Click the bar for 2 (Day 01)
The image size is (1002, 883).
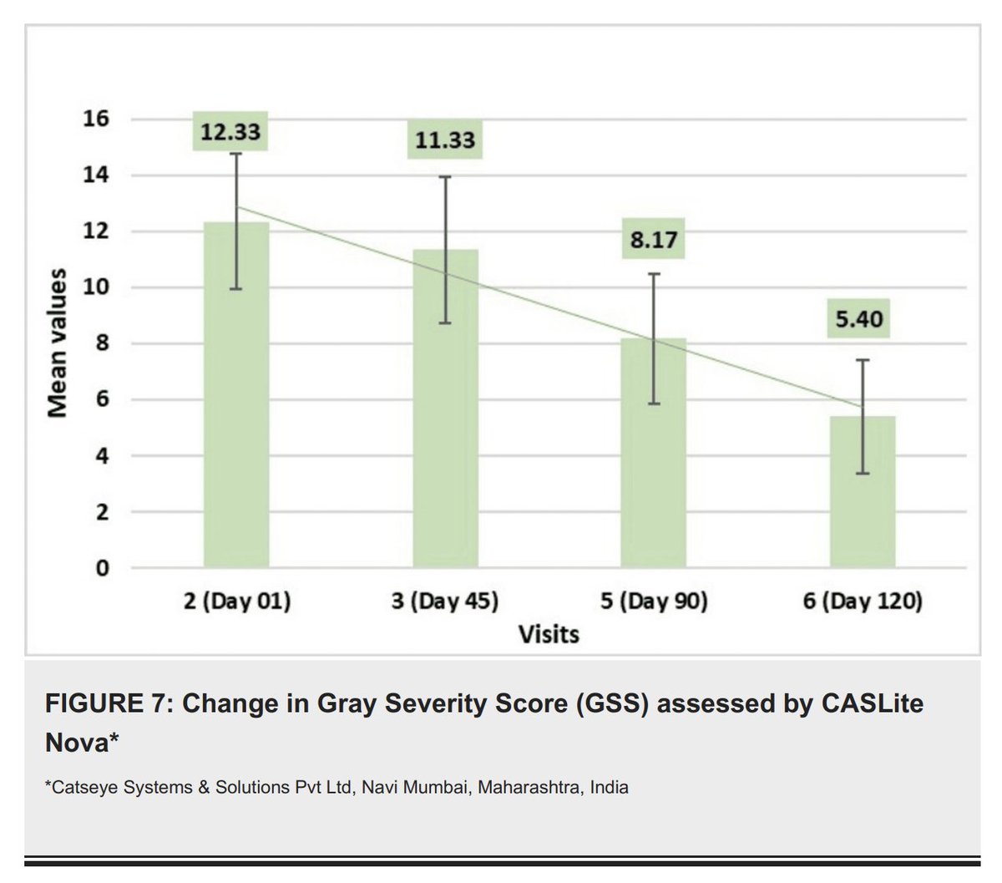tap(236, 401)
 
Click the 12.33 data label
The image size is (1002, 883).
tap(230, 131)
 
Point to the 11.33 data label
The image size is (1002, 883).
tap(445, 140)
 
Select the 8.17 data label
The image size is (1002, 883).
tap(653, 241)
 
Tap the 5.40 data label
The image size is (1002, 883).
tap(859, 319)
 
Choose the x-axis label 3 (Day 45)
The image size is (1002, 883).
tap(445, 601)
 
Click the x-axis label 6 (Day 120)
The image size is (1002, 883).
tap(863, 601)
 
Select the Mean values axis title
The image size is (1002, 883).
tap(57, 343)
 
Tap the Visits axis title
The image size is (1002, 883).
tap(549, 635)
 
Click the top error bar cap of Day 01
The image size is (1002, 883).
tap(236, 154)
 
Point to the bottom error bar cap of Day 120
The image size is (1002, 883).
tap(862, 474)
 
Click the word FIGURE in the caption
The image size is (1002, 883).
tap(92, 703)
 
